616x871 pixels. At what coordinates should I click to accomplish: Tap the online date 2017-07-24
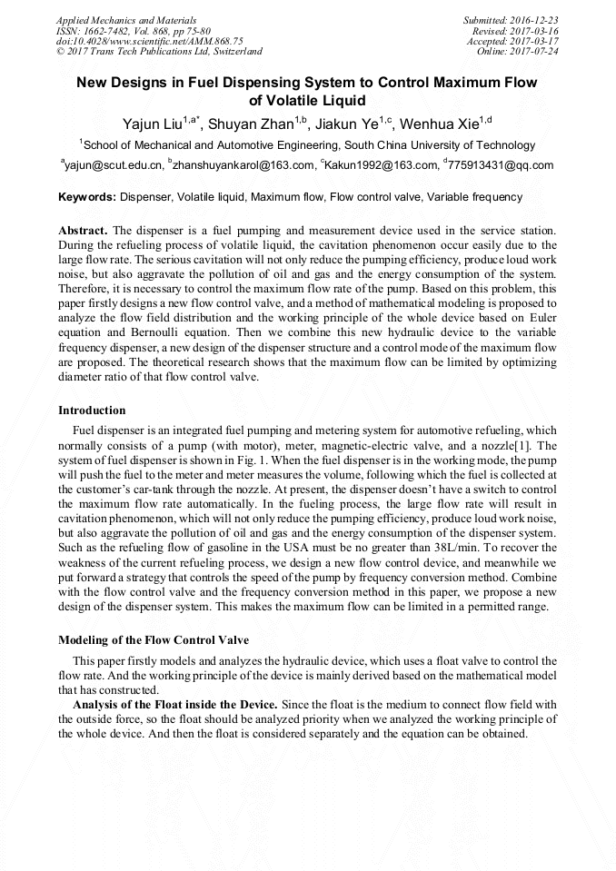pyautogui.click(x=537, y=52)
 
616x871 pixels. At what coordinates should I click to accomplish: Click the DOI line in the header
pyautogui.click(x=149, y=41)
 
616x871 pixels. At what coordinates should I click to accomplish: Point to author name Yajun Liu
pyautogui.click(x=151, y=124)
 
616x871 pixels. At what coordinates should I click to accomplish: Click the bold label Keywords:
pyautogui.click(x=87, y=196)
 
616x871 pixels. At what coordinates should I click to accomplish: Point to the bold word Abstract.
pyautogui.click(x=84, y=232)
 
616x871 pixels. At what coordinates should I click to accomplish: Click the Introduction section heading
pyautogui.click(x=92, y=411)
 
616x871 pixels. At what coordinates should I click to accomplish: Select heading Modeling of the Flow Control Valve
pyautogui.click(x=153, y=639)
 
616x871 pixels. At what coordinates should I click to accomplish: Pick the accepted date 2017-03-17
pyautogui.click(x=537, y=41)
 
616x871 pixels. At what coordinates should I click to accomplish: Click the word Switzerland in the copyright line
pyautogui.click(x=232, y=52)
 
